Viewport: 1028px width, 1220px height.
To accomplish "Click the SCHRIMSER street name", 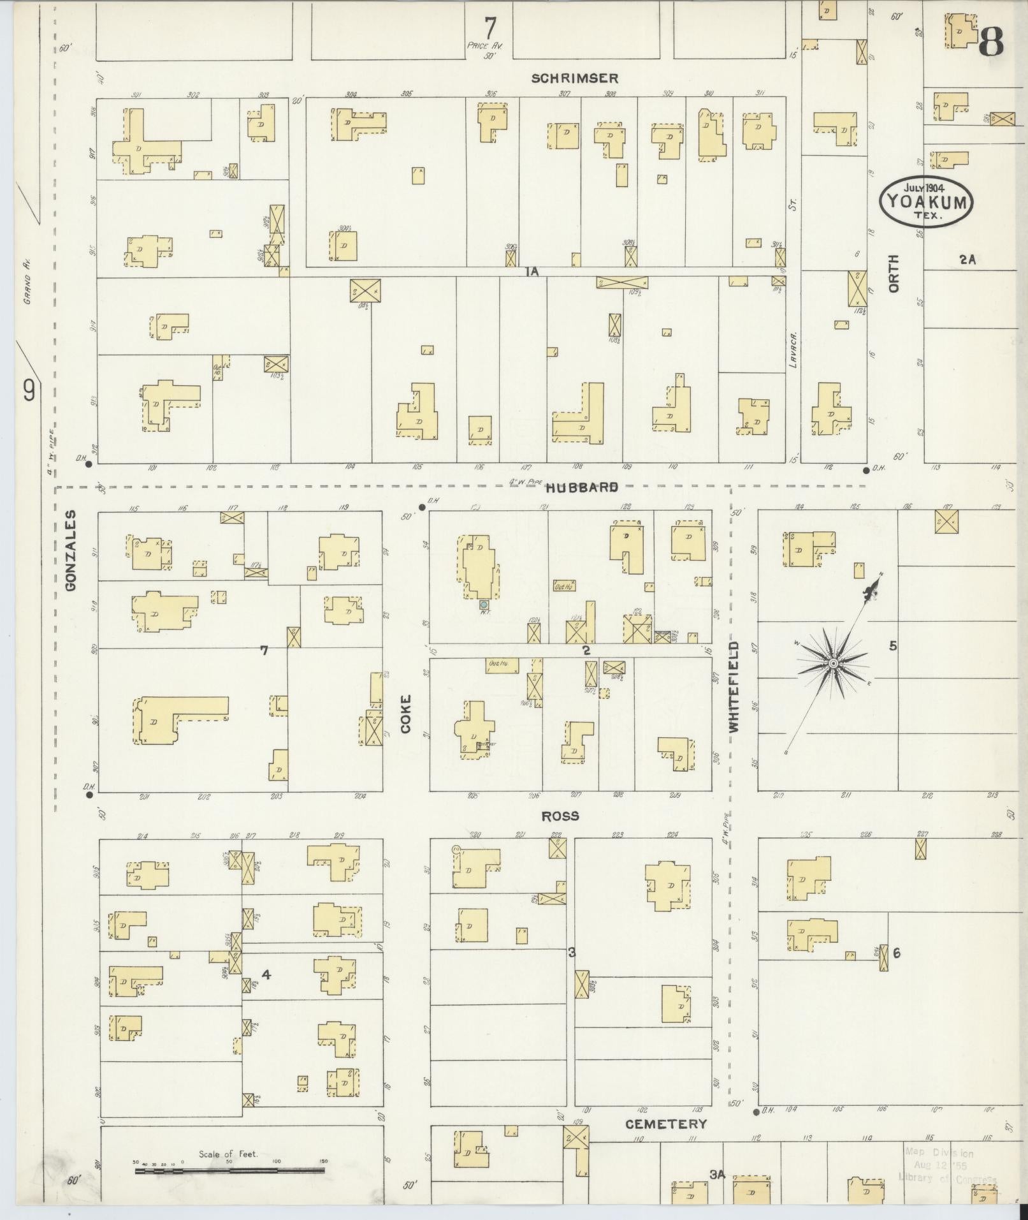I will pyautogui.click(x=575, y=78).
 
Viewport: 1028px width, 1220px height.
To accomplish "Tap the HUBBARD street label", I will pyautogui.click(x=581, y=487).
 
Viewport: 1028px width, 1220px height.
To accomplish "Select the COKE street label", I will pyautogui.click(x=406, y=713).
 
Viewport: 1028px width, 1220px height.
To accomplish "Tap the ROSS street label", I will pyautogui.click(x=560, y=816).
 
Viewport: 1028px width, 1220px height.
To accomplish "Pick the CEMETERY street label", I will pyautogui.click(x=665, y=1124).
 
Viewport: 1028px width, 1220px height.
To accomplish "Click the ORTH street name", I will pyautogui.click(x=894, y=274).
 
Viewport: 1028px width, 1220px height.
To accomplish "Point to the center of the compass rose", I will pyautogui.click(x=833, y=664).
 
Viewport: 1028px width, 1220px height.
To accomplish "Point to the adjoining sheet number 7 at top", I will pyautogui.click(x=489, y=27).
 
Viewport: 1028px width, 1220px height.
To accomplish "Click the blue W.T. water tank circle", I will pyautogui.click(x=484, y=603).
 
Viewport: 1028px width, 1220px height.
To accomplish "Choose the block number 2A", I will pyautogui.click(x=967, y=259).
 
